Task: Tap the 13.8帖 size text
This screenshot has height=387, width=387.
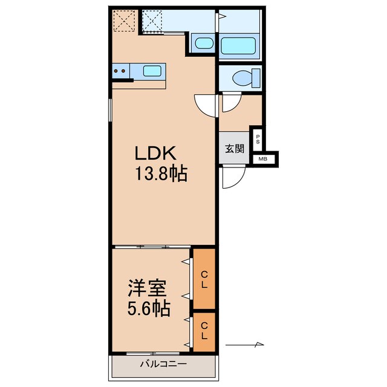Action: click(x=161, y=175)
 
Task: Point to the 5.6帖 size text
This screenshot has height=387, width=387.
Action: click(x=148, y=308)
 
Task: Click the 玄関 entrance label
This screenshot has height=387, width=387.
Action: click(x=235, y=148)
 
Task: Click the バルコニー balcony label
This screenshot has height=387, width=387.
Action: click(x=163, y=364)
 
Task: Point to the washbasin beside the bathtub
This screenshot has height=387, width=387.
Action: click(x=203, y=44)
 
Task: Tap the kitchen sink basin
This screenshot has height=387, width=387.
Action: click(x=152, y=71)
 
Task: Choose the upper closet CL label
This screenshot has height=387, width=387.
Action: click(x=204, y=279)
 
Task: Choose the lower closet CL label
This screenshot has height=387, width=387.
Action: click(x=204, y=330)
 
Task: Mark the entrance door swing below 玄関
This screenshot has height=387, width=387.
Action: click(x=232, y=178)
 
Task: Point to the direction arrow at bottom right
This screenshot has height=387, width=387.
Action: click(x=246, y=345)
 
